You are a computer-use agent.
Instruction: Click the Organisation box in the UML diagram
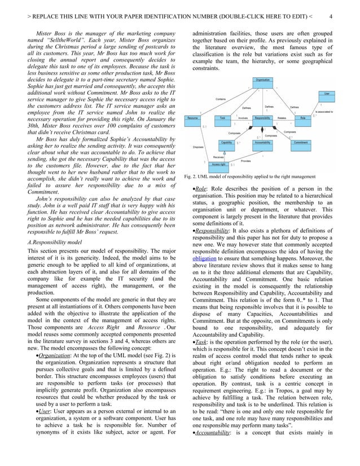[x=262, y=81]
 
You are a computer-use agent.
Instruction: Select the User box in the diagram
[x=327, y=93]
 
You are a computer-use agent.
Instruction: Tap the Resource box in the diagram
[x=192, y=118]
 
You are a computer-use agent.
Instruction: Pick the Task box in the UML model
[x=223, y=118]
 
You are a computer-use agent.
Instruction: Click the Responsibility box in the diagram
[x=262, y=118]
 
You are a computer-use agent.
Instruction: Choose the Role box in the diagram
[x=303, y=118]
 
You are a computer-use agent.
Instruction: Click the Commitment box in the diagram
[x=300, y=142]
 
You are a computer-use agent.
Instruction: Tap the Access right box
[x=219, y=164]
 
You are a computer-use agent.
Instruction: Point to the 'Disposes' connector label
[x=198, y=147]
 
